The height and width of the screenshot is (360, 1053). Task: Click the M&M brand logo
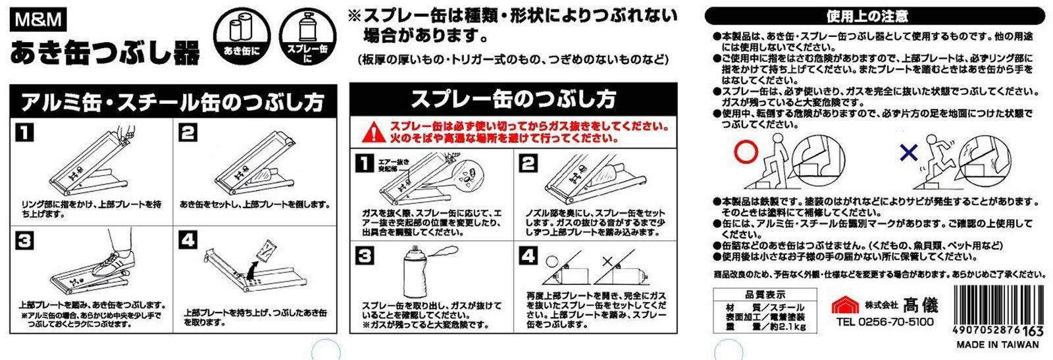(x=39, y=20)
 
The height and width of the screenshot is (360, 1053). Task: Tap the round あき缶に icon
(x=242, y=36)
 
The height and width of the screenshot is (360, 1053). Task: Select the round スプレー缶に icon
(x=308, y=36)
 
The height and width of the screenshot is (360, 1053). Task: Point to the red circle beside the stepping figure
(x=746, y=152)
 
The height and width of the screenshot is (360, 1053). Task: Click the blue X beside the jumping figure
(x=909, y=152)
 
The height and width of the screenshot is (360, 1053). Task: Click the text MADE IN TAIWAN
(x=998, y=344)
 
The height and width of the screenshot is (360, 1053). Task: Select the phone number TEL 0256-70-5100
(x=885, y=322)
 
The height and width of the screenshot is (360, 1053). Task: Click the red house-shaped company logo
(x=845, y=305)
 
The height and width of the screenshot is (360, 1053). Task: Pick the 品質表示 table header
(x=765, y=295)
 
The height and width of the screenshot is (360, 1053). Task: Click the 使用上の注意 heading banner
(x=874, y=17)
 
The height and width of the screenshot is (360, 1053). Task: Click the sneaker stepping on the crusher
(x=113, y=263)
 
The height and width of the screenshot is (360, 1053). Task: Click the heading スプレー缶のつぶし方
(x=513, y=99)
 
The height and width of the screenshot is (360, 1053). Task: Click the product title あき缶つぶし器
(x=105, y=53)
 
